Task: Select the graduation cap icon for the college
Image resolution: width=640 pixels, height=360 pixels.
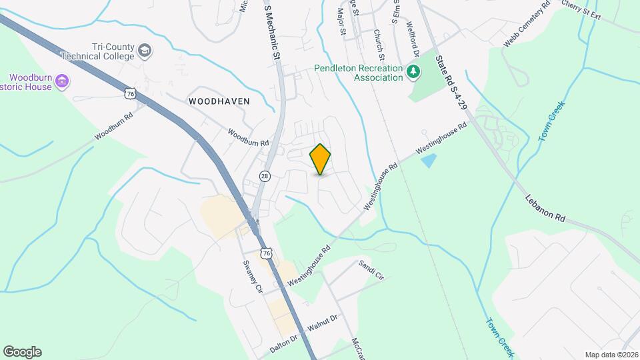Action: [145, 51]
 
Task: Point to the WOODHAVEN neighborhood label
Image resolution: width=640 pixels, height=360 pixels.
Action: [219, 101]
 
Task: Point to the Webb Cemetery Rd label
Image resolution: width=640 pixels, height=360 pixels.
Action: [527, 24]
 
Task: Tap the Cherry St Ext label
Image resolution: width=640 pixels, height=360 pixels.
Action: [581, 7]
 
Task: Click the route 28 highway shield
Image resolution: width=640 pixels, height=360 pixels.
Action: [265, 176]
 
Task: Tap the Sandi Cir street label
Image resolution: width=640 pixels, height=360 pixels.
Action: [371, 269]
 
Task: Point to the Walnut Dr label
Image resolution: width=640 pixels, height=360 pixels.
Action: [323, 322]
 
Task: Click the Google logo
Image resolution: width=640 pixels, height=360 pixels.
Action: [22, 352]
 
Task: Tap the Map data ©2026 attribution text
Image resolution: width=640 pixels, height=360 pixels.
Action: [611, 355]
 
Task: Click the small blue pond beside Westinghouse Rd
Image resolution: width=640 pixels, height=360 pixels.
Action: [429, 160]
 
